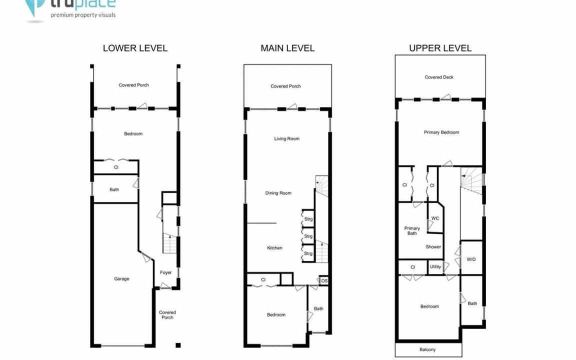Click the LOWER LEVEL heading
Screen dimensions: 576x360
tap(135, 48)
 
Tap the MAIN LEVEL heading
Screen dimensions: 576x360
tap(287, 48)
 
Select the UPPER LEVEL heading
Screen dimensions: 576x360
tap(440, 48)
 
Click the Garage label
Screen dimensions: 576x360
tap(121, 279)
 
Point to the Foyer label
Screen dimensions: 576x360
tap(165, 272)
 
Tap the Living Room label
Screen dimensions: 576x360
tap(286, 139)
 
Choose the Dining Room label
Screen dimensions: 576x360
tap(278, 193)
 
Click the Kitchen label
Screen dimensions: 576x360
tap(274, 248)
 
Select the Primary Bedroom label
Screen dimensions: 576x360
tap(441, 132)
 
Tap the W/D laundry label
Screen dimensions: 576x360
tap(471, 259)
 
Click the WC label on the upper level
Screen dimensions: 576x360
tap(435, 218)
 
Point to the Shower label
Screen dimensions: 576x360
tap(433, 247)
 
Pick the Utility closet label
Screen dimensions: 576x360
tap(435, 266)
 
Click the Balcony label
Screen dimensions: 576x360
tap(427, 349)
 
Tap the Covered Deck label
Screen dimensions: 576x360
tap(439, 77)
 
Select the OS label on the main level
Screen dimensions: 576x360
tap(324, 281)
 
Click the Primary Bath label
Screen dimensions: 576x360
tap(412, 230)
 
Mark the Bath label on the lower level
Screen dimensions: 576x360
tap(114, 190)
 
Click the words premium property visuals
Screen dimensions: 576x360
tap(83, 15)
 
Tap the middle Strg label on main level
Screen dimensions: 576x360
tap(308, 236)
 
